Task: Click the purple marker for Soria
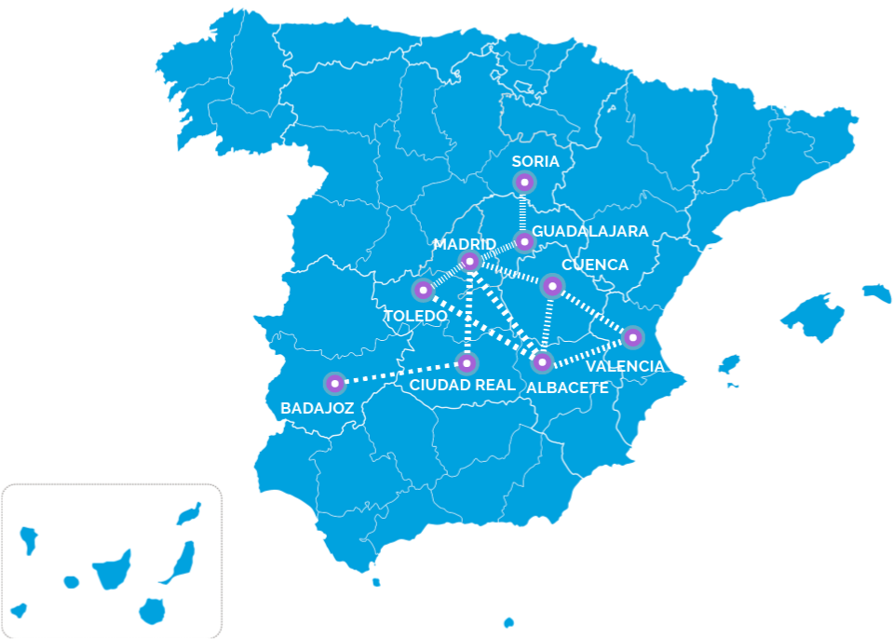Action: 524,183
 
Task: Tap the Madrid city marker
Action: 470,261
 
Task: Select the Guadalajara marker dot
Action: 524,242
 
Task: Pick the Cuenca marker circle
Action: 552,285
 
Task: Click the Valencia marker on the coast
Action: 633,337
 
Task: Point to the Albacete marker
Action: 543,361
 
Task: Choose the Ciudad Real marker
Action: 467,362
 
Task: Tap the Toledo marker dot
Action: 423,291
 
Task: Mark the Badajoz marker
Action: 334,383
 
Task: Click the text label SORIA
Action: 535,161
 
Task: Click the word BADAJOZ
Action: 318,407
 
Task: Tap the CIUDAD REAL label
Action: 462,384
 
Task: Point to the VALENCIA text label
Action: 625,366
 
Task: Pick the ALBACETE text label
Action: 567,387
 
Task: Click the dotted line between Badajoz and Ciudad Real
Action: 400,373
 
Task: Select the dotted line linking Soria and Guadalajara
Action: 524,212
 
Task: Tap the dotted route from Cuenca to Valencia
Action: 593,311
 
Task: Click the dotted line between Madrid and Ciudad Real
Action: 468,312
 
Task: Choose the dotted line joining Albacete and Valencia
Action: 589,349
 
